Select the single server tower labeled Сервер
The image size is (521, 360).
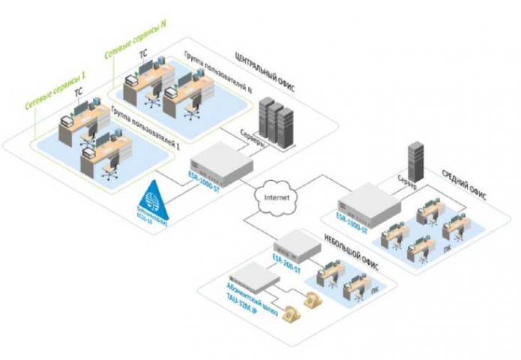415,160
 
